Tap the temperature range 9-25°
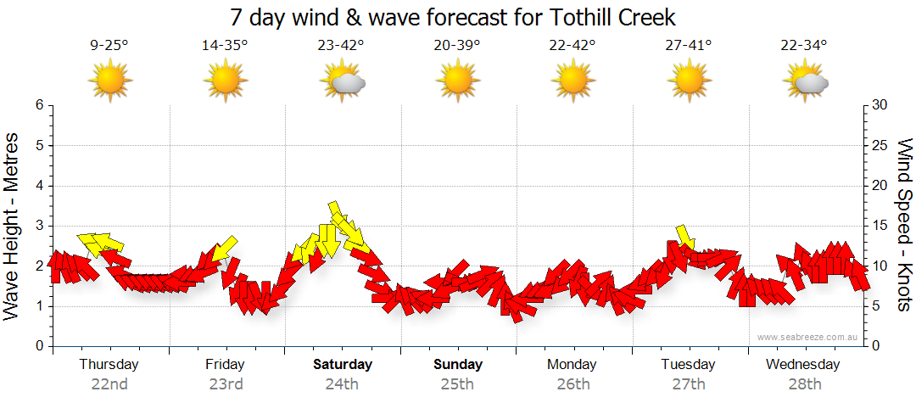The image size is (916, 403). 109,46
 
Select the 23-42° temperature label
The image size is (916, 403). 341,46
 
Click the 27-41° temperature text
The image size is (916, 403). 689,46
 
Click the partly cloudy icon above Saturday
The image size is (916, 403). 343,81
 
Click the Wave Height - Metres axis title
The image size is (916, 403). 13,225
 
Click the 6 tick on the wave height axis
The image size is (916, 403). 38,105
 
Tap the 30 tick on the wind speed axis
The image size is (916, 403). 880,105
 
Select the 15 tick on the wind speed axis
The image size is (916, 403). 880,226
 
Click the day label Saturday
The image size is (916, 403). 343,365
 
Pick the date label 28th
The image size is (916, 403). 805,384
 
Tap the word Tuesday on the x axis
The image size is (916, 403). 689,365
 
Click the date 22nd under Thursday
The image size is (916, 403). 109,384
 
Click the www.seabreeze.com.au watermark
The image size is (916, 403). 808,337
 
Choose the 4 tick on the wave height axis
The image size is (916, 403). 38,186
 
